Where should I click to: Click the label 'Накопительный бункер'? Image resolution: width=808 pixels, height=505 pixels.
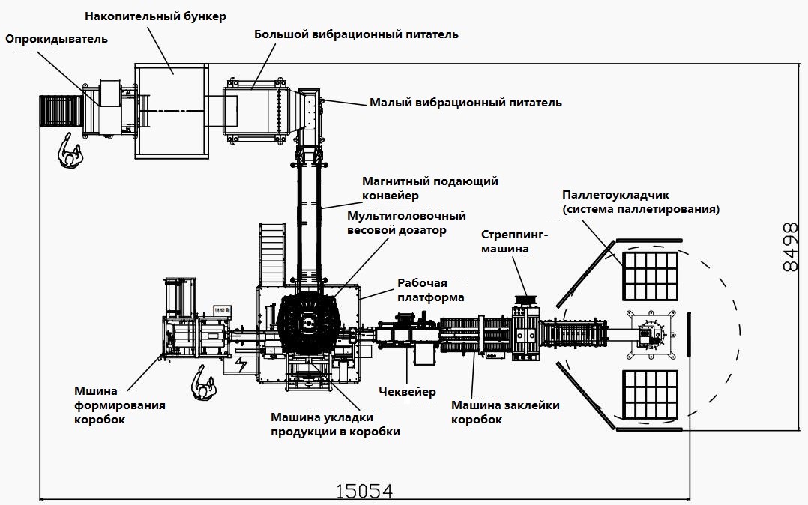click(155, 16)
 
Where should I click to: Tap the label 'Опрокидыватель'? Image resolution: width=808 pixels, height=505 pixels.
click(57, 39)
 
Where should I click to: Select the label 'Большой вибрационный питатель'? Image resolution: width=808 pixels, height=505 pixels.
click(356, 34)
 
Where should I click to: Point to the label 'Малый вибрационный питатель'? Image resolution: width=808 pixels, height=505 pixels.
click(465, 103)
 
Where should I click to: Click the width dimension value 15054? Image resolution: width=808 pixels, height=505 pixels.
click(364, 491)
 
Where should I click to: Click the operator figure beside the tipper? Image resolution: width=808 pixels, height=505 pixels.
click(71, 154)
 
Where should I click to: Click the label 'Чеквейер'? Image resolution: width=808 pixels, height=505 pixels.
click(407, 392)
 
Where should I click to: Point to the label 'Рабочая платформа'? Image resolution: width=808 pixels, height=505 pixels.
click(430, 290)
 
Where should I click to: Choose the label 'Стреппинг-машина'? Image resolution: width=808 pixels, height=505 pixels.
click(515, 241)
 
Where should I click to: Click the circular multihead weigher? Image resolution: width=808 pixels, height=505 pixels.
click(307, 324)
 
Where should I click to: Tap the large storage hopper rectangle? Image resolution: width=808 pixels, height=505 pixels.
click(172, 110)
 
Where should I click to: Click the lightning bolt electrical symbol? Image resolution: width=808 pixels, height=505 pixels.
click(241, 365)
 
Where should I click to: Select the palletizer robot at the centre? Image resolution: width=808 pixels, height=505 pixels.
click(649, 334)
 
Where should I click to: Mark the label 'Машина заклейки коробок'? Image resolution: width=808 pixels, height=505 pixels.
click(504, 413)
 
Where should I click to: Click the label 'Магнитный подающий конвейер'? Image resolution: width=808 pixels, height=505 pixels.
click(429, 188)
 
